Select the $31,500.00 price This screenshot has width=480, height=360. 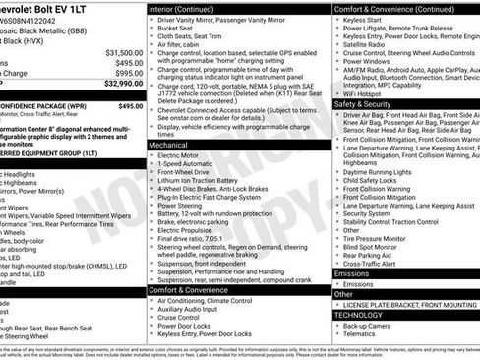[x=123, y=53]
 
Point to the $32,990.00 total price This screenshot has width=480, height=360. [x=120, y=86]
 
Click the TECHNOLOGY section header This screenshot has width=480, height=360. [x=366, y=314]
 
